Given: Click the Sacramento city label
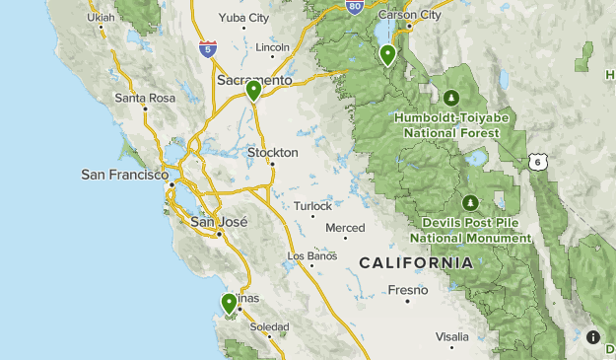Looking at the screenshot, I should [x=254, y=80].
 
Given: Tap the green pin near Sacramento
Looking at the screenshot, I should [x=253, y=91].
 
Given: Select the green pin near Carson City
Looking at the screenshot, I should [x=388, y=54].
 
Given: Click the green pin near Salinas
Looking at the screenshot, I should [x=229, y=303].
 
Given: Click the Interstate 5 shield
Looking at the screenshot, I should [x=206, y=47].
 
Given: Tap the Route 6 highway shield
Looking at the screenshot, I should [x=536, y=161].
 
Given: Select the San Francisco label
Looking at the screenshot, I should [x=121, y=175].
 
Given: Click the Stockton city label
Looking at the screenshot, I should [x=272, y=153].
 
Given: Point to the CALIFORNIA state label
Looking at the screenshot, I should [x=415, y=263].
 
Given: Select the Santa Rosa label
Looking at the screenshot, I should [x=144, y=98].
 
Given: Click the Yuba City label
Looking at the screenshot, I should [x=245, y=18].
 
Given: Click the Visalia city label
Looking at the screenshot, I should [x=451, y=335].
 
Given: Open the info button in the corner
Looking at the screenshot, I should [x=593, y=337].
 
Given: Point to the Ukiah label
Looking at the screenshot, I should [x=101, y=18].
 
